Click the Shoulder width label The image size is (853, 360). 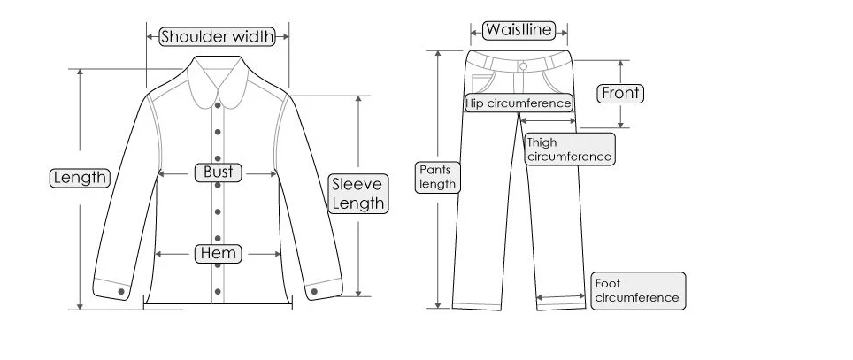coord(217,36)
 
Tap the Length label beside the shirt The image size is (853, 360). coord(80,178)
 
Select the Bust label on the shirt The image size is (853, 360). coord(219,172)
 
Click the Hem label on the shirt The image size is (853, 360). coord(219,253)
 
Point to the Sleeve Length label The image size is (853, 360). coord(358,194)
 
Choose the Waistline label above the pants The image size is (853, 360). coord(519,30)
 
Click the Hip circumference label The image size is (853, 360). coord(519,103)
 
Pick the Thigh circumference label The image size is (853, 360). coord(570,149)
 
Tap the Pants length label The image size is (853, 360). coord(438,177)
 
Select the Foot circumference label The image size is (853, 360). coord(638,291)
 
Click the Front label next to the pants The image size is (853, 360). coord(620,94)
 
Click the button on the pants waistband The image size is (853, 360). coord(523,66)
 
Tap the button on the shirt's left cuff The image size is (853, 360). coord(121,292)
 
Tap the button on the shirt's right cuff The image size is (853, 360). coord(314,292)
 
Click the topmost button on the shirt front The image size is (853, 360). coord(218,105)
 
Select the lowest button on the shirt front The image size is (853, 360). coord(218,292)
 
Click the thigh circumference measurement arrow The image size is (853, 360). coord(548,120)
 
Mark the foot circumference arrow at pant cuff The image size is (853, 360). coord(561,296)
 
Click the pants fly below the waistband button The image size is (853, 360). coord(519,82)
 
